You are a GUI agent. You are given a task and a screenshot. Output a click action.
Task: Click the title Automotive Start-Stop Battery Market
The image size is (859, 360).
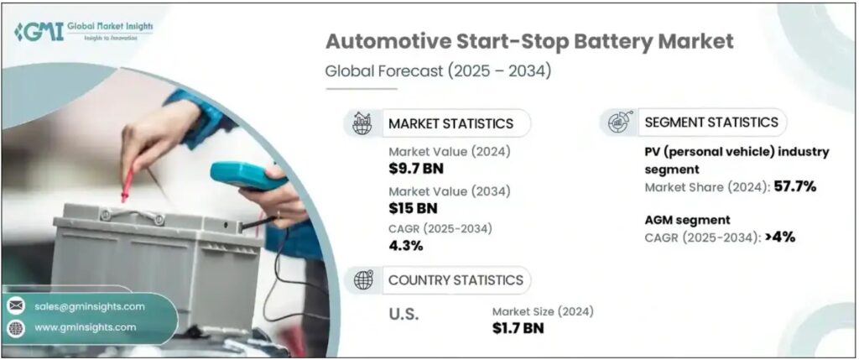528,42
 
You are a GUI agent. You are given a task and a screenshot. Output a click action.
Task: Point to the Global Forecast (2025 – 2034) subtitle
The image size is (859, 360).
438,70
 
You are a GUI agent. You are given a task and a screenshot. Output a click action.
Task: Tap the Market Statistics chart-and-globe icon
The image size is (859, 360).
362,123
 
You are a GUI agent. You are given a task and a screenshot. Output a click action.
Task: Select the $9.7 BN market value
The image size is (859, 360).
416,168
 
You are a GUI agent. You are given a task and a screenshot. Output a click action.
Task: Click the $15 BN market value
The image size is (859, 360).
413,207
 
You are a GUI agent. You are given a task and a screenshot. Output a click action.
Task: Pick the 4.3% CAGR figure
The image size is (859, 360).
405,246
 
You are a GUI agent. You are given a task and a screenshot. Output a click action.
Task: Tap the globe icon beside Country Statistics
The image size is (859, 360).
362,279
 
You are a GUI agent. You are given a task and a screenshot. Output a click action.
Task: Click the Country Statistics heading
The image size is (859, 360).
456,280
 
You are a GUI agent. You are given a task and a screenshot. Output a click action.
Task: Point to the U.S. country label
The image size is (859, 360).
403,315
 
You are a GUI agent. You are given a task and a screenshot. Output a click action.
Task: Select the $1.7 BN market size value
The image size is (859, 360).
518,327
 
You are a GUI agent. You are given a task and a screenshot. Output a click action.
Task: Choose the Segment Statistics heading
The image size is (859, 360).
711,123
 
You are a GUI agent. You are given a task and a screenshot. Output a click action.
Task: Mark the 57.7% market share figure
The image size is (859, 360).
795,187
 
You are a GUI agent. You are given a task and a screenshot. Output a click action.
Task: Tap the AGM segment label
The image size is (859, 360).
688,220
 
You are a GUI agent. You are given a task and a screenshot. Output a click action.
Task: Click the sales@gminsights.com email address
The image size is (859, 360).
89,306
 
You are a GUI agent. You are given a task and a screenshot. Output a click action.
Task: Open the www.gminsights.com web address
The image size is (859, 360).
85,327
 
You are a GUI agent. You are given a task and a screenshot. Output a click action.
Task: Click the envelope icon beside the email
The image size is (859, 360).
16,305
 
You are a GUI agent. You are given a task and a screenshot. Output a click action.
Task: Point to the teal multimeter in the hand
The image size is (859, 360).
244,175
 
